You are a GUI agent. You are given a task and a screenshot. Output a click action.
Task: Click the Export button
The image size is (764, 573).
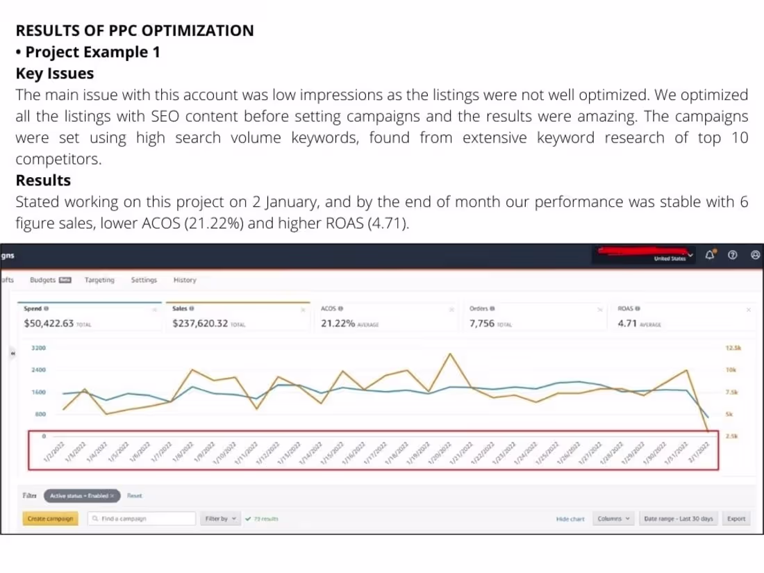click(736, 519)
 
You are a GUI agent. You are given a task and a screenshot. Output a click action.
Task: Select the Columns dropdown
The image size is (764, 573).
click(614, 519)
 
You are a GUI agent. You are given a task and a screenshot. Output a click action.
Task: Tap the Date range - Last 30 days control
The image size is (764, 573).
click(679, 519)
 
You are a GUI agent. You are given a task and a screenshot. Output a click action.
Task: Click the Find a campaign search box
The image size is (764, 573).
click(142, 519)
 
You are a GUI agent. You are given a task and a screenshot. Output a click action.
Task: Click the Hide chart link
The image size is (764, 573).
click(570, 519)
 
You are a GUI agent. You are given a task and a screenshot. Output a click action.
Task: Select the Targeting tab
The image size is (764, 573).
click(99, 280)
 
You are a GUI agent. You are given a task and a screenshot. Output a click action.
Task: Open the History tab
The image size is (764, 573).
click(184, 280)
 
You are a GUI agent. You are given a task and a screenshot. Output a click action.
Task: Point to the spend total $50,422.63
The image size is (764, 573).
click(49, 324)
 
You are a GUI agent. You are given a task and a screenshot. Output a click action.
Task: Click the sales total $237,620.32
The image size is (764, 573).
click(201, 324)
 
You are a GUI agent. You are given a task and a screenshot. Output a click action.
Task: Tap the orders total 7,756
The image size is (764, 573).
click(481, 324)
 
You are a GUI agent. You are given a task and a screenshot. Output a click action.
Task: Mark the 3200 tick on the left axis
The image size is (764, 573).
click(38, 348)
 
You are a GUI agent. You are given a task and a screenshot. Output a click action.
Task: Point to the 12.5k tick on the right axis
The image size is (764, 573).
click(733, 348)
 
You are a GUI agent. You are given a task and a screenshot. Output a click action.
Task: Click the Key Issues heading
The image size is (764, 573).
click(55, 73)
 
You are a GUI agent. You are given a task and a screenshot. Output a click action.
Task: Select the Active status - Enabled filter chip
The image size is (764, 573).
click(81, 496)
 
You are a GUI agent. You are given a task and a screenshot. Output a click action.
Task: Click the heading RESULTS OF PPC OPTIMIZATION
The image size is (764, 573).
click(134, 31)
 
